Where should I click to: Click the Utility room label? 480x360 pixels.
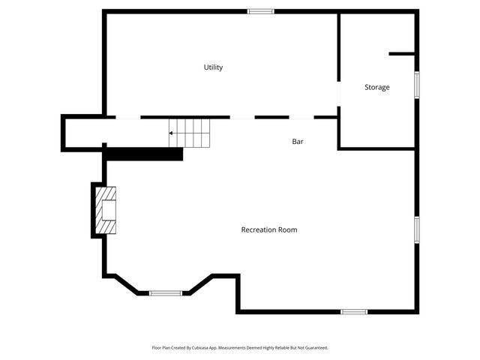(214, 67)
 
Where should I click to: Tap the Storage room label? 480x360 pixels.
(376, 88)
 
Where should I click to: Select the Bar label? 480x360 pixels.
(298, 141)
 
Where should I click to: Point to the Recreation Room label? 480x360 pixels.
(268, 229)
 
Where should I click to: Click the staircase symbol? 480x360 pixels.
(190, 133)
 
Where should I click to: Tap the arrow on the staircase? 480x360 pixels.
(172, 133)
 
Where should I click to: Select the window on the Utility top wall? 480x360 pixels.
(261, 11)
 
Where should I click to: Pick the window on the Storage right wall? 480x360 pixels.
(416, 84)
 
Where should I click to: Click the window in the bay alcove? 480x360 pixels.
(166, 292)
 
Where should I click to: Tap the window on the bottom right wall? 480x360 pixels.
(353, 311)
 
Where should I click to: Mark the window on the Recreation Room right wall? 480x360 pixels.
(416, 229)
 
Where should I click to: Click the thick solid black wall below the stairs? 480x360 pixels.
(144, 154)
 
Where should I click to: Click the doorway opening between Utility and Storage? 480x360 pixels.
(339, 94)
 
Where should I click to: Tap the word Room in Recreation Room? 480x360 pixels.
(289, 229)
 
